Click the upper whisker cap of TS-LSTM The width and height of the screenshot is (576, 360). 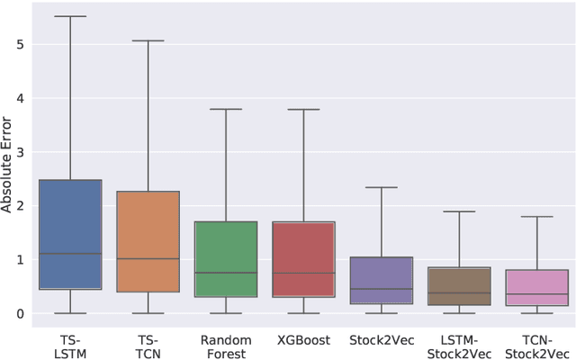70,16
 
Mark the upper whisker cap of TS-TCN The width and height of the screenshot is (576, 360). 148,40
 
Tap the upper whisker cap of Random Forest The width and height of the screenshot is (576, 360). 226,109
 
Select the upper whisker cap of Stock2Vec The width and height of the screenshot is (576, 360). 382,187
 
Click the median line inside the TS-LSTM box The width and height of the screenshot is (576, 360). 70,254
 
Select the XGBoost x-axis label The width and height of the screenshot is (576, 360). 303,340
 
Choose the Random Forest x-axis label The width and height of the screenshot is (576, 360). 226,346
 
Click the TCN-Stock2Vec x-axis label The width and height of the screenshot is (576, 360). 537,346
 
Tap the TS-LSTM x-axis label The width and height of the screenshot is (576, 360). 70,346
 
